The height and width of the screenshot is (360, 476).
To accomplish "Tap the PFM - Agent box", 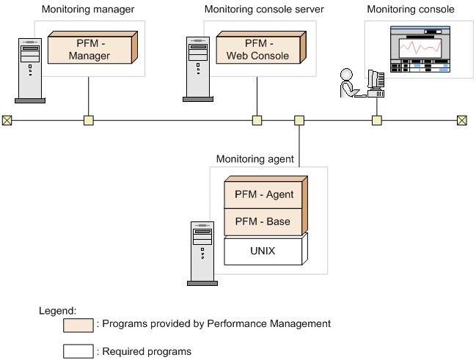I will click(x=263, y=195).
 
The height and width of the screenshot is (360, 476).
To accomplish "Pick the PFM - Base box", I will click(x=263, y=221).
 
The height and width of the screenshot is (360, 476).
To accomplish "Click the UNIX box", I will click(x=263, y=251).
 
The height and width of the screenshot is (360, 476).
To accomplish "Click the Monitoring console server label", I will click(x=264, y=10).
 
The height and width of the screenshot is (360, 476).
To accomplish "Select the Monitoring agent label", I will click(x=255, y=158).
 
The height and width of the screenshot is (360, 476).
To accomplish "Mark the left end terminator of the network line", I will click(x=7, y=120).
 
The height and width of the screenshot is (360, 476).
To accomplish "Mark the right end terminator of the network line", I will click(x=461, y=120).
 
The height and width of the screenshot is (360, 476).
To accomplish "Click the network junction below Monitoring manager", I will click(x=88, y=120).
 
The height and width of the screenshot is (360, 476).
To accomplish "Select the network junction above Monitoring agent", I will click(x=299, y=120).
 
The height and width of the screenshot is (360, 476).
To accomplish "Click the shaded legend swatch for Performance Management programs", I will click(x=78, y=325).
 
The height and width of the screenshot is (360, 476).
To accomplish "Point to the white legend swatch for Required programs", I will click(x=78, y=350).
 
